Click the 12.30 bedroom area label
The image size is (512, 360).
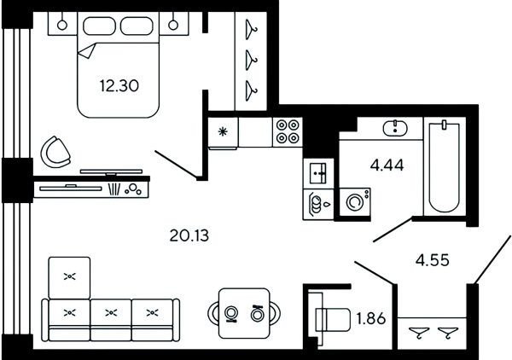tap(119, 86)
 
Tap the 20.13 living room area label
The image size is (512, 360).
tap(189, 235)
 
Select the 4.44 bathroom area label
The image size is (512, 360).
tap(387, 165)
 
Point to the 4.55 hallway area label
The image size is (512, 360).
tap(433, 260)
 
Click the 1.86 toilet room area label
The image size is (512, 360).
tap(371, 318)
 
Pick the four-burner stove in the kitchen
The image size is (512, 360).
tap(288, 132)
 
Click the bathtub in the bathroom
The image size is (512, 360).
tap(444, 166)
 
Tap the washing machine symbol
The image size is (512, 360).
tap(355, 201)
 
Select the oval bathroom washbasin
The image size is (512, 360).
tap(395, 128)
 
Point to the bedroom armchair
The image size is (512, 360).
tap(55, 152)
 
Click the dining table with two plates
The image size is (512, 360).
tap(244, 313)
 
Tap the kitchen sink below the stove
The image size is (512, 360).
tap(318, 174)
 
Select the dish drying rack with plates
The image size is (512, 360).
tap(318, 205)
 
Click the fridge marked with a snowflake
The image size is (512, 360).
tap(223, 132)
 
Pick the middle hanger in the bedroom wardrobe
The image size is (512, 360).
tap(251, 61)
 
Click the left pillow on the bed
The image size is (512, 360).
tap(100, 26)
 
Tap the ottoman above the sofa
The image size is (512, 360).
tap(69, 277)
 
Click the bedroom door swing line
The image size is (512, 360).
tap(177, 165)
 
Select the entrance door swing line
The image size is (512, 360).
tap(492, 259)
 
